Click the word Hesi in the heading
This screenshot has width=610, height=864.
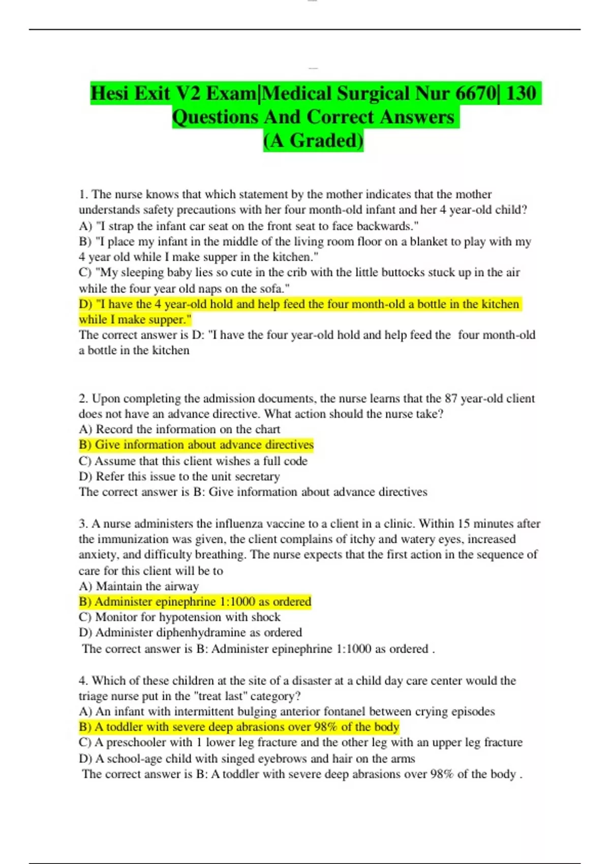(x=111, y=94)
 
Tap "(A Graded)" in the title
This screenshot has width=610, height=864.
(x=313, y=140)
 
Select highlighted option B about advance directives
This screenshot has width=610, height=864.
(x=196, y=445)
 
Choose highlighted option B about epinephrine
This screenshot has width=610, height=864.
(x=195, y=602)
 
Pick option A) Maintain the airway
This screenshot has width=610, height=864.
(x=139, y=586)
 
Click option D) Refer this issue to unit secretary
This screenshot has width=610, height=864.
(x=179, y=476)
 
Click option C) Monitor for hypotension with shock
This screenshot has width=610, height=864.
(x=179, y=617)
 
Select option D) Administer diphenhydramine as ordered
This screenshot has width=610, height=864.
(x=190, y=632)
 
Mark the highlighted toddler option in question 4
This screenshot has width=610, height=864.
(x=239, y=727)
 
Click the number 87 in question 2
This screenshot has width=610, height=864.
(x=451, y=398)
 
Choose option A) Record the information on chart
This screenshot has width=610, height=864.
(x=179, y=429)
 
